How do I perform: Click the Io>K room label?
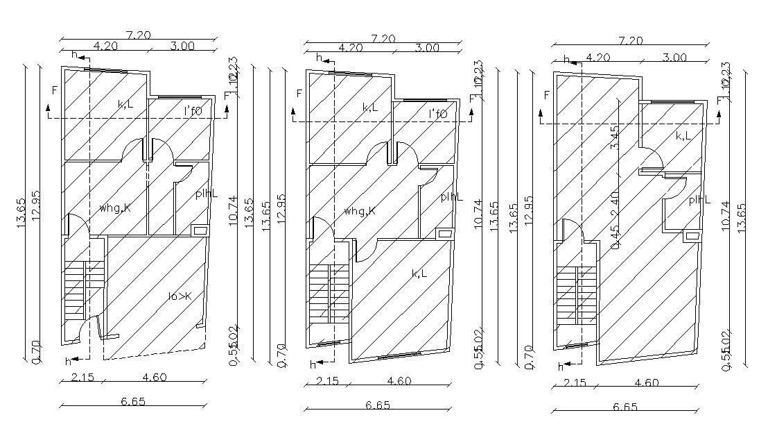tap(180, 296)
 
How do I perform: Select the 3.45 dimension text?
tap(614, 137)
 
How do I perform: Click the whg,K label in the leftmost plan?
tap(115, 208)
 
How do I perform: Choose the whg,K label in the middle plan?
tap(360, 210)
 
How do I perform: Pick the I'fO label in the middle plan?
tap(438, 114)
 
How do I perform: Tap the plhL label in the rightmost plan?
tap(699, 200)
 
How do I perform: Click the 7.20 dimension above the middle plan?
tap(383, 39)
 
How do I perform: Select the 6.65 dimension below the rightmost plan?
tap(625, 407)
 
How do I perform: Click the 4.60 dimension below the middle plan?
tap(399, 380)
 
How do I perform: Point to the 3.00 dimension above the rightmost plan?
tap(674, 58)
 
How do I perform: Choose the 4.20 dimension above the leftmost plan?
tap(105, 46)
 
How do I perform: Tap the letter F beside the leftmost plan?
tap(53, 90)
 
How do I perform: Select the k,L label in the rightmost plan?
tap(683, 136)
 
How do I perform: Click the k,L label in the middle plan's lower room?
tap(419, 273)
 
